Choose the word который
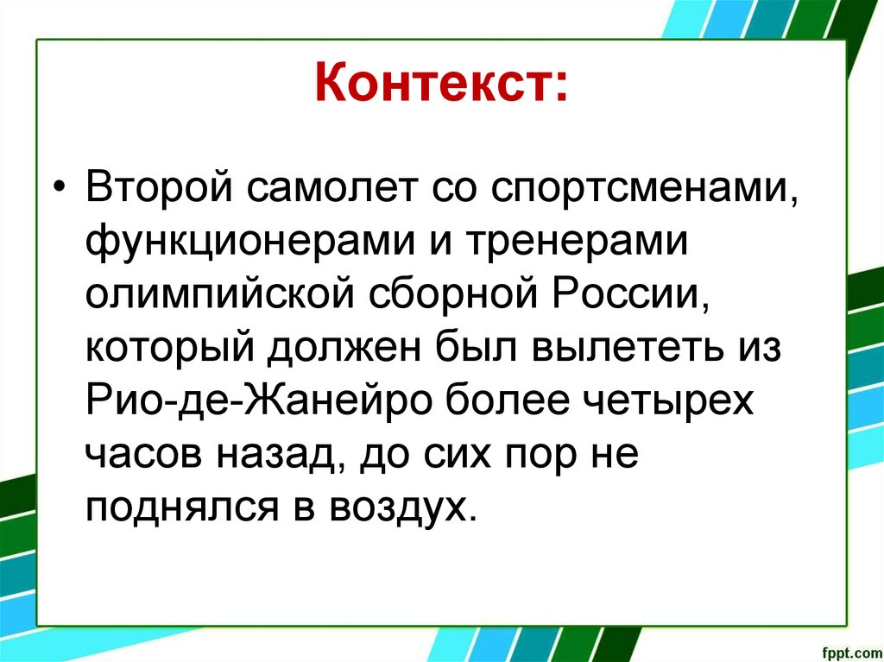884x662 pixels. coord(169,350)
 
